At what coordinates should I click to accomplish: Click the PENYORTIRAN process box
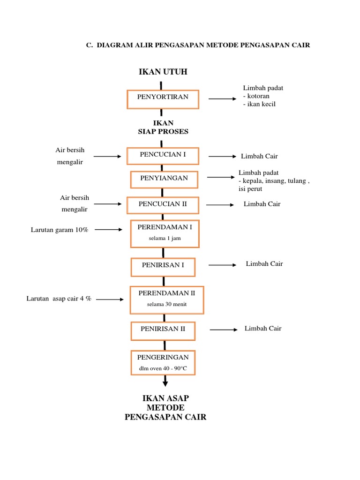pos(163,99)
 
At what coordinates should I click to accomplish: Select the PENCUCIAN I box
pos(162,156)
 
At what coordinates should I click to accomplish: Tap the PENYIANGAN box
pos(164,179)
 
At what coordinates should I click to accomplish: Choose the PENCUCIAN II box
pos(162,204)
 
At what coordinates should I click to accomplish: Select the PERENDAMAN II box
pos(166,299)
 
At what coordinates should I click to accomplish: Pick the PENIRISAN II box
pos(163,330)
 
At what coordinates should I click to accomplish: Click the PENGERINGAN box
pos(163,362)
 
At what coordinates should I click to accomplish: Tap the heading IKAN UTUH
pos(163,71)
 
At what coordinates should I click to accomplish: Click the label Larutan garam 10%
pos(60,230)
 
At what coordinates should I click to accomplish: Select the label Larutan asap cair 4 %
pos(59,299)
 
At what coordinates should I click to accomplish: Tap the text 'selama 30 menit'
pos(166,305)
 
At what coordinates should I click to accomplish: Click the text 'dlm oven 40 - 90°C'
pos(163,368)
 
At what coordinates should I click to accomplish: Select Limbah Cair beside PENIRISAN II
pos(263,329)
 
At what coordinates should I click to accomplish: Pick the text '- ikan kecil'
pos(259,104)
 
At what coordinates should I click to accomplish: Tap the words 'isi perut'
pos(250,189)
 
